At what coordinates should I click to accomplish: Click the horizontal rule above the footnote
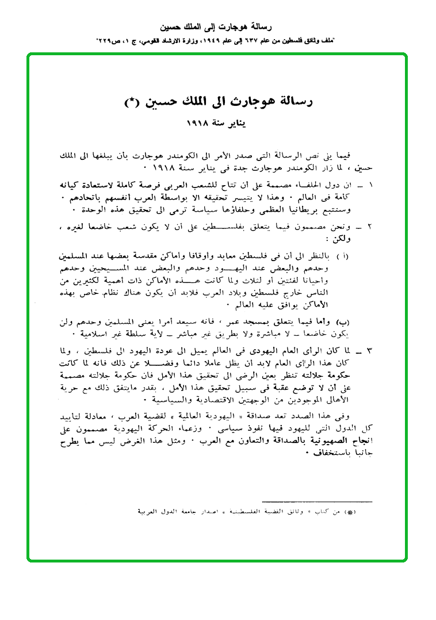point(317,502)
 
